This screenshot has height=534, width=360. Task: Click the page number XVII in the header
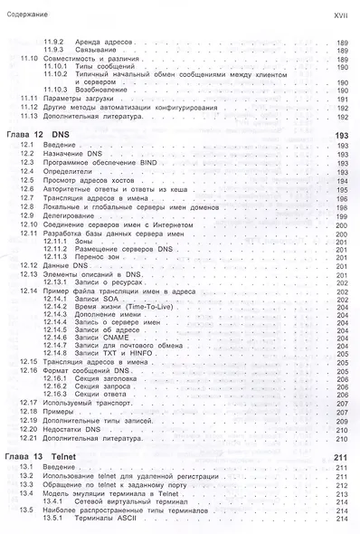tap(341, 14)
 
